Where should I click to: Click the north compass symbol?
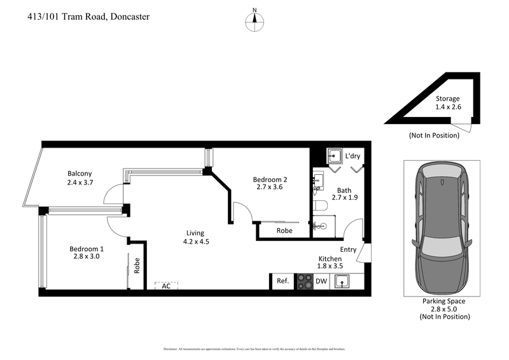[254, 20]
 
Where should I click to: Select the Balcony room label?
[80, 178]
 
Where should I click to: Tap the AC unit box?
[166, 286]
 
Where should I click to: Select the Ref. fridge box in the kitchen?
[282, 281]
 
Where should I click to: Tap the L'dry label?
[352, 156]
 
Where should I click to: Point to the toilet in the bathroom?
[321, 205]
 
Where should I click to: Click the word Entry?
[349, 250]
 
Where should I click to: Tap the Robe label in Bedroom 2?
[284, 230]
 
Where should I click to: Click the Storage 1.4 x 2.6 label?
[448, 103]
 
